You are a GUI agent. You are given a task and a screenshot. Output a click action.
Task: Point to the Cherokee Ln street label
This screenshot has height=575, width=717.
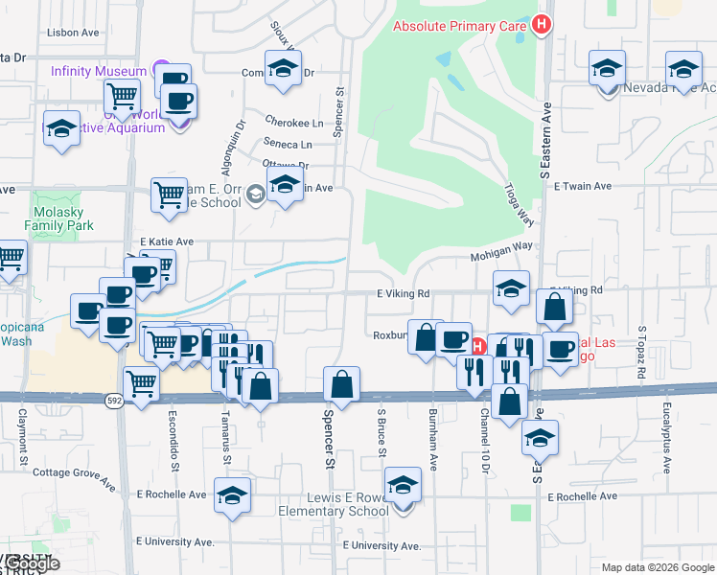coord(293,123)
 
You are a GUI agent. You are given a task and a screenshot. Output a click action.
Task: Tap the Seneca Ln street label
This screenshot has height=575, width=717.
coord(288,144)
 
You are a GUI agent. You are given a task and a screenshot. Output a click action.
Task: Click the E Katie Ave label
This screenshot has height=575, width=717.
coord(167,241)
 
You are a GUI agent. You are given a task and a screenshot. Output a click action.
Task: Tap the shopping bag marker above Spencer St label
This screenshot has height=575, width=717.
coord(341,385)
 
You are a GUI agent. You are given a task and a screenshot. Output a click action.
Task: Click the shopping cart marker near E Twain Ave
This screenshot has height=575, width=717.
coord(169,195)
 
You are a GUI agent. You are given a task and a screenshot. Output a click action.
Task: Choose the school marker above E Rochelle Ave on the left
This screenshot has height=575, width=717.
coord(232,495)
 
